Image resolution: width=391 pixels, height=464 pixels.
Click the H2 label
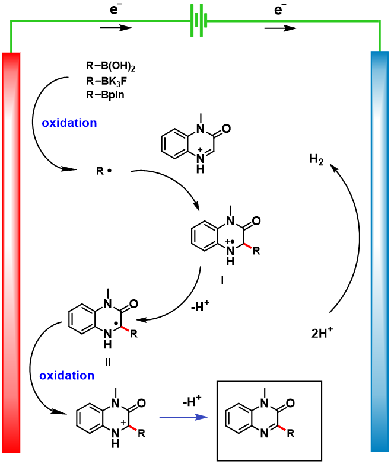point(316,160)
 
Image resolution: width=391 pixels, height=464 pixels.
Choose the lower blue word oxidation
point(67,375)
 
